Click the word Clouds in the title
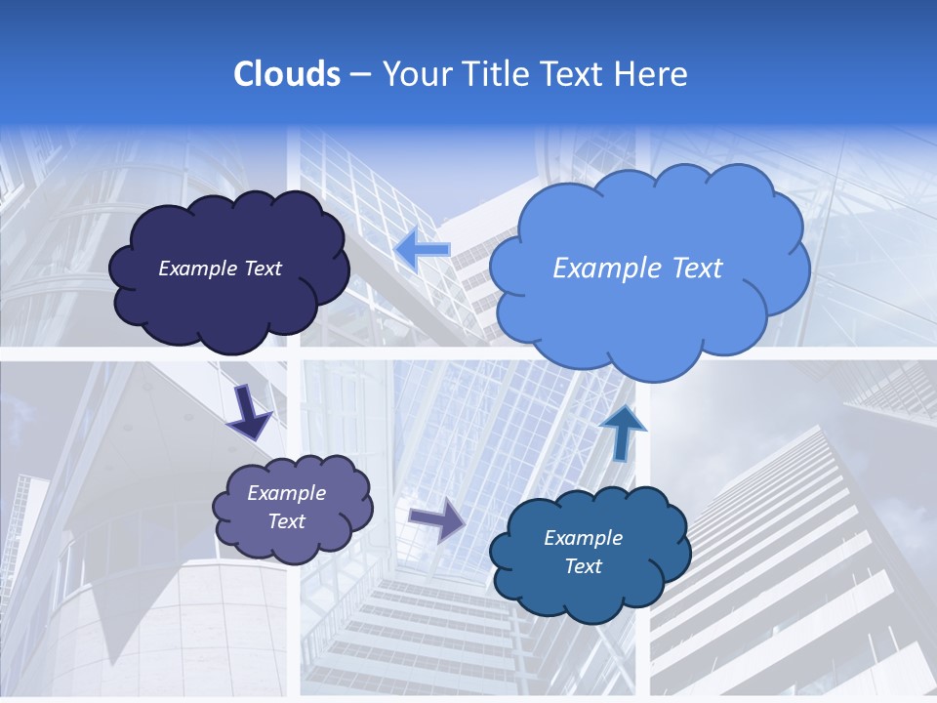(286, 74)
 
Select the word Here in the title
(653, 74)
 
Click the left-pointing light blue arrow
(423, 250)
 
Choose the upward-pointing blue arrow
(622, 432)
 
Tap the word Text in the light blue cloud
(691, 269)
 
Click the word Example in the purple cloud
(286, 493)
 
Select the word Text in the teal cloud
(583, 566)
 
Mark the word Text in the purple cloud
(286, 521)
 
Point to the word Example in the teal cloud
(583, 538)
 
